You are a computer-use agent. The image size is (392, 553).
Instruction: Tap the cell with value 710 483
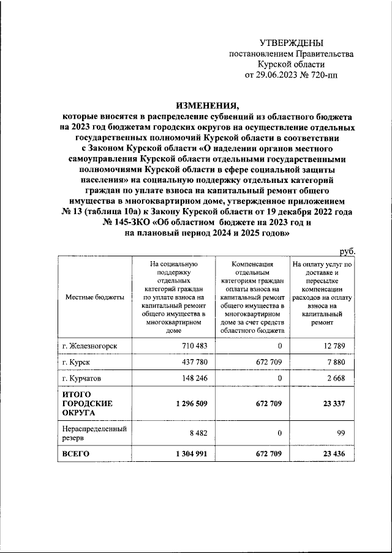pos(192,346)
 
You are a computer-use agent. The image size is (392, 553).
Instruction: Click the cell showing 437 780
pos(192,363)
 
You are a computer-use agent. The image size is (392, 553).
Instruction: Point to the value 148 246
pos(192,379)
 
